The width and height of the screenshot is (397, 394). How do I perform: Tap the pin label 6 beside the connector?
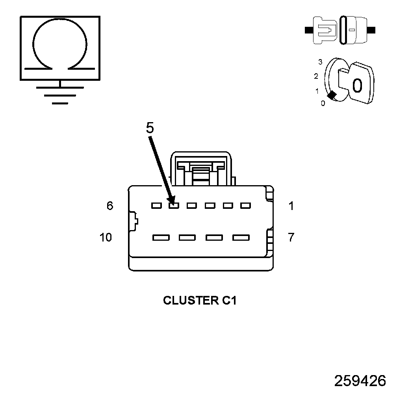pos(110,206)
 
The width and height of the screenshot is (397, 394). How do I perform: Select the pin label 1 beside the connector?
pos(291,206)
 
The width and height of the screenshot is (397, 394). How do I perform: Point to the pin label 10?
pos(106,237)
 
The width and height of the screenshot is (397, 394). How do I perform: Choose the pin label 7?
pos(291,237)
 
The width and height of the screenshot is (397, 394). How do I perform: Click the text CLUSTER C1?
pos(200,301)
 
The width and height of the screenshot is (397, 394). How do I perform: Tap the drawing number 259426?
pos(360,381)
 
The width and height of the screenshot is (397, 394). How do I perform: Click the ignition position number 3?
pos(320,62)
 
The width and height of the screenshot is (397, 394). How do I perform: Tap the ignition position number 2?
pos(316,76)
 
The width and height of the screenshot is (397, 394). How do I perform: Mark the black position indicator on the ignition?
pos(332,95)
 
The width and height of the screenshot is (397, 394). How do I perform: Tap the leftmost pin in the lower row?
pos(161,238)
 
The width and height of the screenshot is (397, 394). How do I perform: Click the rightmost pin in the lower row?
pos(241,238)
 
